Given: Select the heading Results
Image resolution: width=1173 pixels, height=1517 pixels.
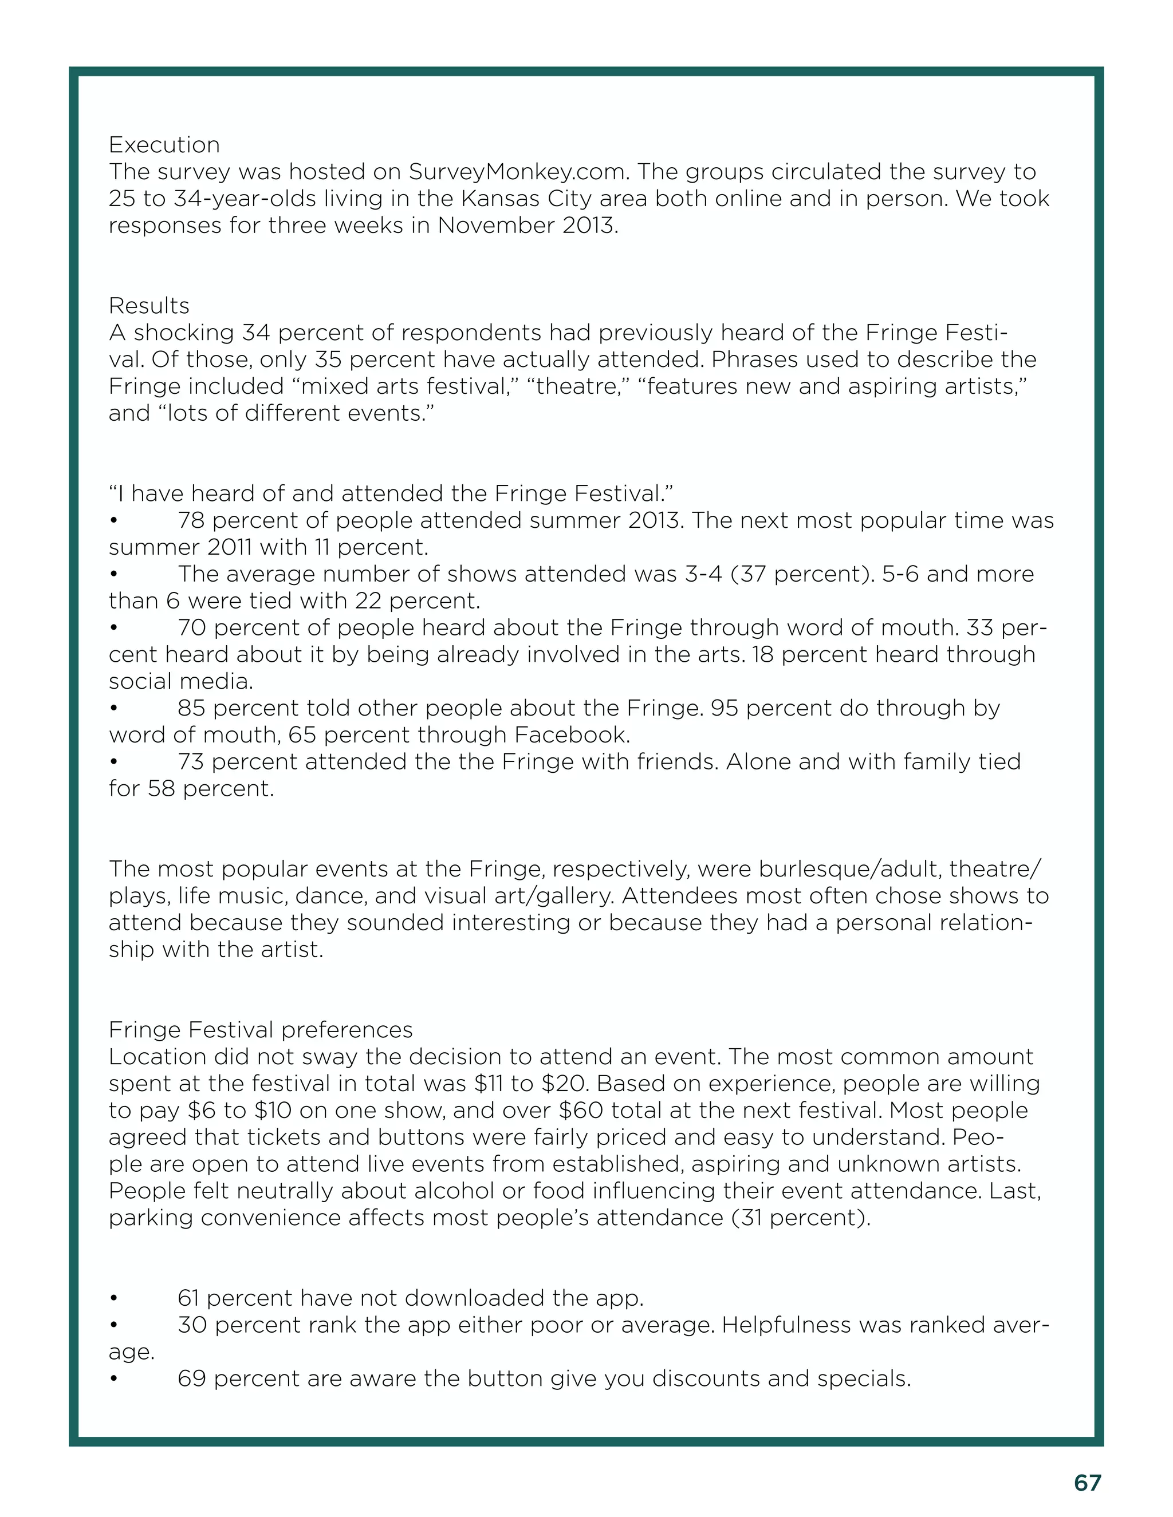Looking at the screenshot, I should point(149,306).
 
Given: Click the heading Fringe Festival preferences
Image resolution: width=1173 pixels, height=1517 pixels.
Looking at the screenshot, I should point(261,1030).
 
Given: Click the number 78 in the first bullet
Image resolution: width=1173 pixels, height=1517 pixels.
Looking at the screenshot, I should point(191,520).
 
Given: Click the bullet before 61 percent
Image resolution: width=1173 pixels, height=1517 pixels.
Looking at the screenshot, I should point(113,1299).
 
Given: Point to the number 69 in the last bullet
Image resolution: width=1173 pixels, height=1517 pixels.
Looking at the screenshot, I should point(192,1379).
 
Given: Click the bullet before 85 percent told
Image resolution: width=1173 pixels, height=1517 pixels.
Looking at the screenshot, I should point(113,709).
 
